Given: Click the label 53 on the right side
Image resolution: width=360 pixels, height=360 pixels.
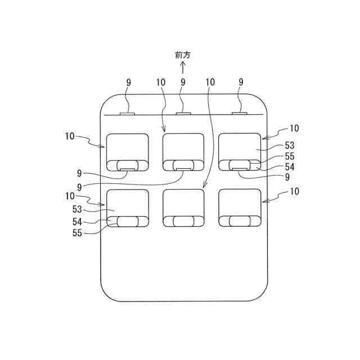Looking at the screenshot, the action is point(289,146).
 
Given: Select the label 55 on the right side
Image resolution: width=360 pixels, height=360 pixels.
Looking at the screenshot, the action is point(289,156).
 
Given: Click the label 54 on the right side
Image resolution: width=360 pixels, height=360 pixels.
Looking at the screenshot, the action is point(289,167).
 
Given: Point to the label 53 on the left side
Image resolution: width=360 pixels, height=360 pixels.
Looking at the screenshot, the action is point(78,209).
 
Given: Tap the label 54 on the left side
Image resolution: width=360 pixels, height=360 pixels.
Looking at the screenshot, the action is point(78,220).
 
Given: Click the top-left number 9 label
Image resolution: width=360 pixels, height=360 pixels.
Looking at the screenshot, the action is point(128,82).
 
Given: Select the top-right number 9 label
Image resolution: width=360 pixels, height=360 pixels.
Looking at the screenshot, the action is point(241,82).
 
